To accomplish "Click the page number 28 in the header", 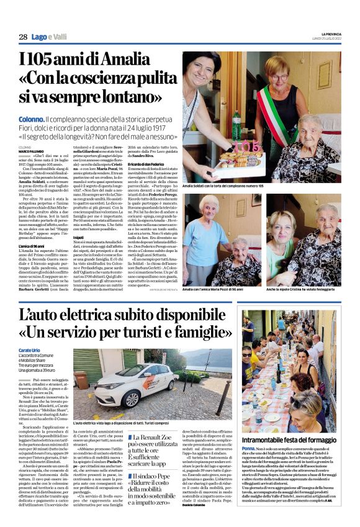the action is (x=23, y=37).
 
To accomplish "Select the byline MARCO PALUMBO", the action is (x=32, y=150).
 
